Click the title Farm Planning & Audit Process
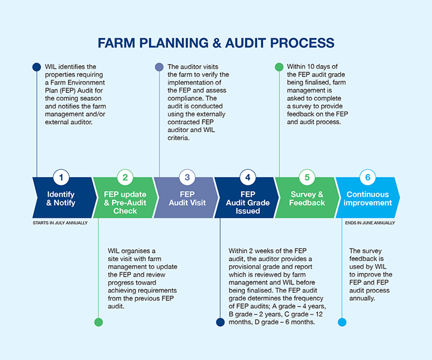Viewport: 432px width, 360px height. click(x=216, y=43)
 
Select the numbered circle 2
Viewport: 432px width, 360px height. click(x=125, y=177)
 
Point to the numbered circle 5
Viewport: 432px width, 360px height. click(x=307, y=177)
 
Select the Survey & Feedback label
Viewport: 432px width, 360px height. click(x=307, y=199)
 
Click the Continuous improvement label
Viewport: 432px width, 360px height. click(x=367, y=199)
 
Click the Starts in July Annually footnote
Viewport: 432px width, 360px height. click(x=60, y=223)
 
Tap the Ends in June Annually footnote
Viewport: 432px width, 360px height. click(x=370, y=223)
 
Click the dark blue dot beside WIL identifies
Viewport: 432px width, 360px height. click(x=37, y=67)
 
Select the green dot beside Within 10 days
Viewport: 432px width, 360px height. click(x=279, y=67)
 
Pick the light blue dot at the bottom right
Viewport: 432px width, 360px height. click(x=342, y=322)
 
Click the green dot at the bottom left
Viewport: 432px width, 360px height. click(x=98, y=322)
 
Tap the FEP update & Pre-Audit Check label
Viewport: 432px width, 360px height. click(x=125, y=202)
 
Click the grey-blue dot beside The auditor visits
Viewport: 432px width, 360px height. click(x=159, y=67)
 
